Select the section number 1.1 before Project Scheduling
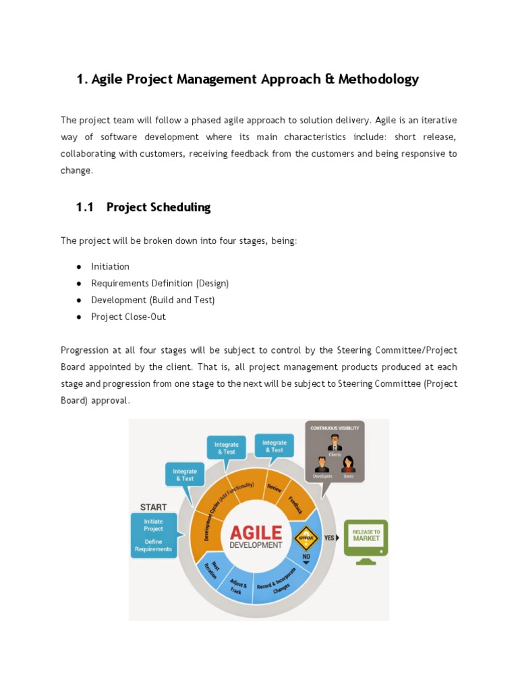85,208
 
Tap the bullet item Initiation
110,266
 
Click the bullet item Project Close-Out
128,317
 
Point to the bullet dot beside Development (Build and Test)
79,300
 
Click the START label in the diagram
154,506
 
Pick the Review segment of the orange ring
274,488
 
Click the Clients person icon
335,443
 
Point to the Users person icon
348,464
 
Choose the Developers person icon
322,464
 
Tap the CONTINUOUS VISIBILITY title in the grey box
335,428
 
